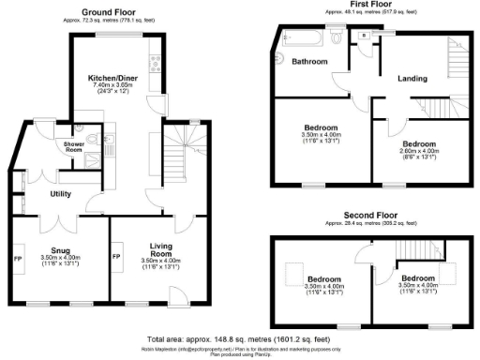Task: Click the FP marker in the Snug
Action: pyautogui.click(x=18, y=255)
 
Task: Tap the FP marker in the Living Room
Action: pyautogui.click(x=117, y=255)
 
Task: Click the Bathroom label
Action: pyautogui.click(x=308, y=62)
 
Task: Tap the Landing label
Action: pyautogui.click(x=412, y=79)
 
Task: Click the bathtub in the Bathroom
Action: pyautogui.click(x=298, y=38)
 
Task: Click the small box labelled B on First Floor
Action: pyautogui.click(x=364, y=36)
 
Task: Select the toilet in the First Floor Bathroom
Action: pyautogui.click(x=335, y=37)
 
